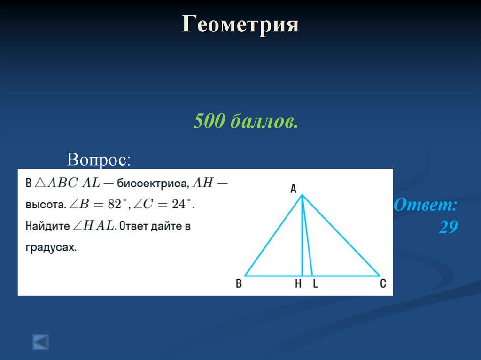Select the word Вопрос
pyautogui.click(x=99, y=159)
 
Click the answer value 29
pyautogui.click(x=448, y=227)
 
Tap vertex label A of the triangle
pyautogui.click(x=293, y=189)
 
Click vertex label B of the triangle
pyautogui.click(x=239, y=284)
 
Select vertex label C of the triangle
pyautogui.click(x=383, y=284)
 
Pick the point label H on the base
pyautogui.click(x=298, y=284)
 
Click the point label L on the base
pyautogui.click(x=315, y=284)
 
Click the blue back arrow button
pyautogui.click(x=40, y=341)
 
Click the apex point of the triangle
pyautogui.click(x=302, y=195)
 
